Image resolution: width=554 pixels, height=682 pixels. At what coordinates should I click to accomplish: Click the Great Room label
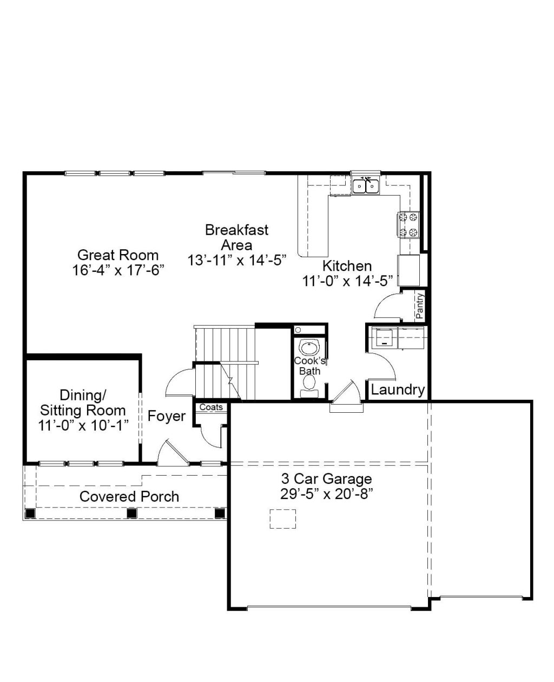[118, 255]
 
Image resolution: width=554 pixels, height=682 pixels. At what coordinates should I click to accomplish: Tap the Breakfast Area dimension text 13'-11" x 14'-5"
[236, 261]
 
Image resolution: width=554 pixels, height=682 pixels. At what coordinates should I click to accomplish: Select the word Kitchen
[347, 266]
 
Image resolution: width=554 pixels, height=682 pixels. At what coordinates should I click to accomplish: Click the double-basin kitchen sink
[366, 186]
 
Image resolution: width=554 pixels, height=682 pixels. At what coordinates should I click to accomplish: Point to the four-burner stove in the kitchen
[408, 225]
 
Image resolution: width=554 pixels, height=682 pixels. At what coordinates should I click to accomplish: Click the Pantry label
[420, 306]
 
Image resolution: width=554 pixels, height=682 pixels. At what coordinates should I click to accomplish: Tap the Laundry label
[398, 389]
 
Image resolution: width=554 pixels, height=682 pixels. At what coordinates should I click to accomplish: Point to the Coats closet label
[211, 407]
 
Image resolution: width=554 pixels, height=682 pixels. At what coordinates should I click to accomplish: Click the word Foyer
[167, 416]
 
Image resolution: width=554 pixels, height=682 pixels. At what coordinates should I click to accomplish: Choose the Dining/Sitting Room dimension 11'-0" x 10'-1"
[83, 426]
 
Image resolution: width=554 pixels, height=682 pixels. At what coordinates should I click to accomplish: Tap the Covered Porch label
[129, 497]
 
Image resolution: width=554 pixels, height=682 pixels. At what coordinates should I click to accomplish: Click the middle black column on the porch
[131, 514]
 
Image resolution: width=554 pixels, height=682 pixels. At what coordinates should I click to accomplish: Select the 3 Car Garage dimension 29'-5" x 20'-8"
[327, 495]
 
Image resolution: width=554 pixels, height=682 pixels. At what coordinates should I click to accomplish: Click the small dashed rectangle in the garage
[282, 519]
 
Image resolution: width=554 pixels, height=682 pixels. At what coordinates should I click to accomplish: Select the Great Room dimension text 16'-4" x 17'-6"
[118, 270]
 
